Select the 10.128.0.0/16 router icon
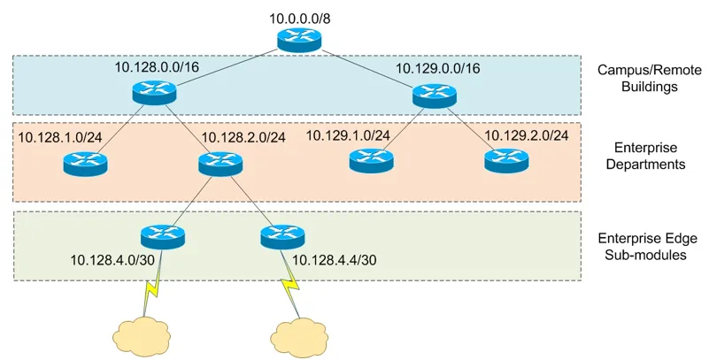(154, 90)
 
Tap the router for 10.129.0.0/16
(433, 94)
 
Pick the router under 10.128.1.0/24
(85, 164)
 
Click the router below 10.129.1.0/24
(370, 160)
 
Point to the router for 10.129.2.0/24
(505, 160)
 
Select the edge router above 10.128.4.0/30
(163, 236)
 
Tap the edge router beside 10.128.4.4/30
(282, 236)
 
